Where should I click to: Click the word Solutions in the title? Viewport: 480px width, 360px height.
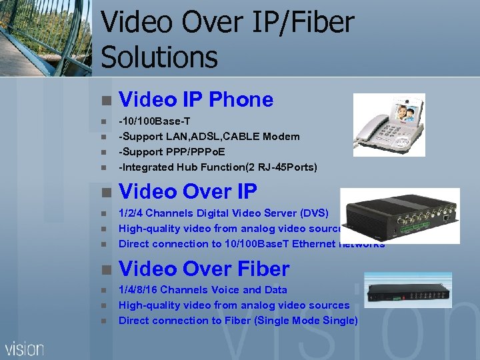coord(159,56)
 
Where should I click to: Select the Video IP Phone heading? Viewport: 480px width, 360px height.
coord(196,100)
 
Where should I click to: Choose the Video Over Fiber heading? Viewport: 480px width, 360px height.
coord(204,269)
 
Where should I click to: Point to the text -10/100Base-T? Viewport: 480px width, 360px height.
coord(154,121)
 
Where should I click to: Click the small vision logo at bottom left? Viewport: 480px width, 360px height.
coord(25,348)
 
